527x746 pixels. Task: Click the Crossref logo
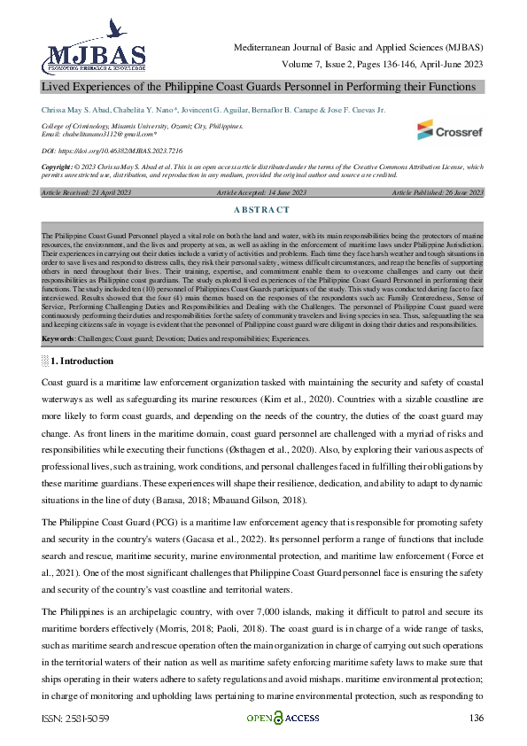point(449,130)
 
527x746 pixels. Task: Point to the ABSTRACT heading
point(263,209)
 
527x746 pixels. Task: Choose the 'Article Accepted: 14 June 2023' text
point(262,192)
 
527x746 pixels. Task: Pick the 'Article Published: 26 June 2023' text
point(438,192)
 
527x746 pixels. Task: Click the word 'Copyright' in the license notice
point(57,166)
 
